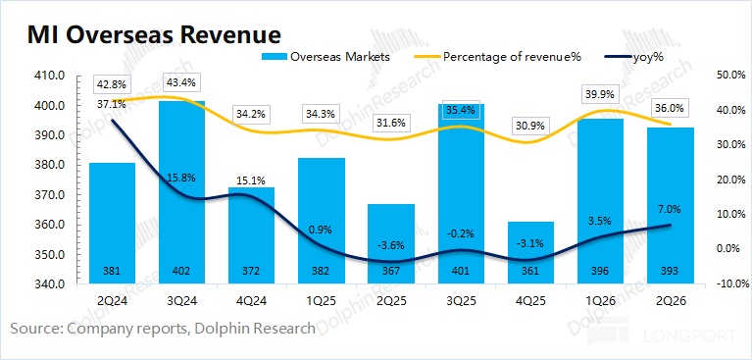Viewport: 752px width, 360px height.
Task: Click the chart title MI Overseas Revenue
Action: (154, 35)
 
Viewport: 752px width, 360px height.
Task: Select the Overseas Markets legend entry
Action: (326, 57)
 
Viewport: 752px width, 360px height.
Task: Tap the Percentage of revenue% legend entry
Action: (498, 57)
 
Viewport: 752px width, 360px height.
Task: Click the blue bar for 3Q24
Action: (181, 192)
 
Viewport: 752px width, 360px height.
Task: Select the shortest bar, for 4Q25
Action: (530, 252)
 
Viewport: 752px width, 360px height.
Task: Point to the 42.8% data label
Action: (111, 85)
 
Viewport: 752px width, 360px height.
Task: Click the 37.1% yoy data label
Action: (111, 104)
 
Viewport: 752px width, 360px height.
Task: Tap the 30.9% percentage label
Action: (530, 127)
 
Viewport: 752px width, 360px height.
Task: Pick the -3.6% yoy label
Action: (390, 245)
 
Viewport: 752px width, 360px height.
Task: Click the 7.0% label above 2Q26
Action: (669, 209)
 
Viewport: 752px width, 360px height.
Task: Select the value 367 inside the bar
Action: (390, 271)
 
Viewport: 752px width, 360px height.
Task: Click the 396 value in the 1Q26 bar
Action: (600, 271)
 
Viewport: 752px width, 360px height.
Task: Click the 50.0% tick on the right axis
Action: (731, 76)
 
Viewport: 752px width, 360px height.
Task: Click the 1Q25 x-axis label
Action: (321, 301)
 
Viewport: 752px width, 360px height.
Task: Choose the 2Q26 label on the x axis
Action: (669, 301)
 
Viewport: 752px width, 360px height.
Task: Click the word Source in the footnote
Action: (36, 329)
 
